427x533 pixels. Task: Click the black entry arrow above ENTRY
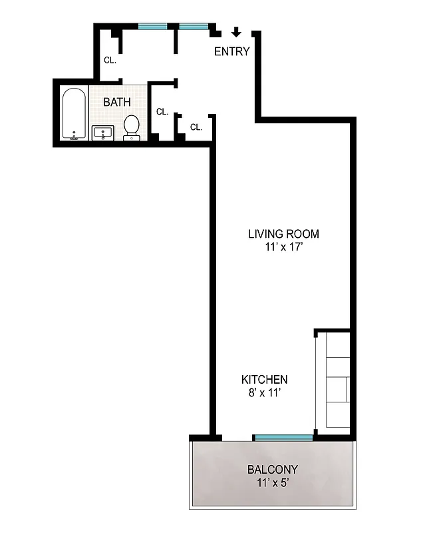pyautogui.click(x=236, y=33)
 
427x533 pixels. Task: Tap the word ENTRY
pyautogui.click(x=231, y=52)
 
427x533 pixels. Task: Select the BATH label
pyautogui.click(x=116, y=103)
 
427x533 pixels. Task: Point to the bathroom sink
pyautogui.click(x=104, y=133)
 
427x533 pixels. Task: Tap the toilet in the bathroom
pyautogui.click(x=132, y=127)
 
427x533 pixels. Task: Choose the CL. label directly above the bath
pyautogui.click(x=110, y=60)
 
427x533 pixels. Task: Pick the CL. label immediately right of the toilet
pyautogui.click(x=162, y=112)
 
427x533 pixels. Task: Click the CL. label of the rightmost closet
pyautogui.click(x=196, y=127)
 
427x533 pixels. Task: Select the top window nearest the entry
pyautogui.click(x=194, y=27)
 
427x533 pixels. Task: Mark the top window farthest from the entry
pyautogui.click(x=152, y=27)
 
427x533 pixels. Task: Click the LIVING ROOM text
pyautogui.click(x=283, y=234)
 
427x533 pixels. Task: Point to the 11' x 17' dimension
pyautogui.click(x=283, y=247)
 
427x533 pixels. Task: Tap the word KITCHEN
pyautogui.click(x=264, y=380)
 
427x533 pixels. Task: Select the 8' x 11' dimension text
pyautogui.click(x=264, y=393)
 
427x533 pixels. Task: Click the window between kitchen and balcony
pyautogui.click(x=283, y=437)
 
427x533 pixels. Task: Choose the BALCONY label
pyautogui.click(x=273, y=468)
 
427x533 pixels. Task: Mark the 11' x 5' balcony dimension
pyautogui.click(x=273, y=482)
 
